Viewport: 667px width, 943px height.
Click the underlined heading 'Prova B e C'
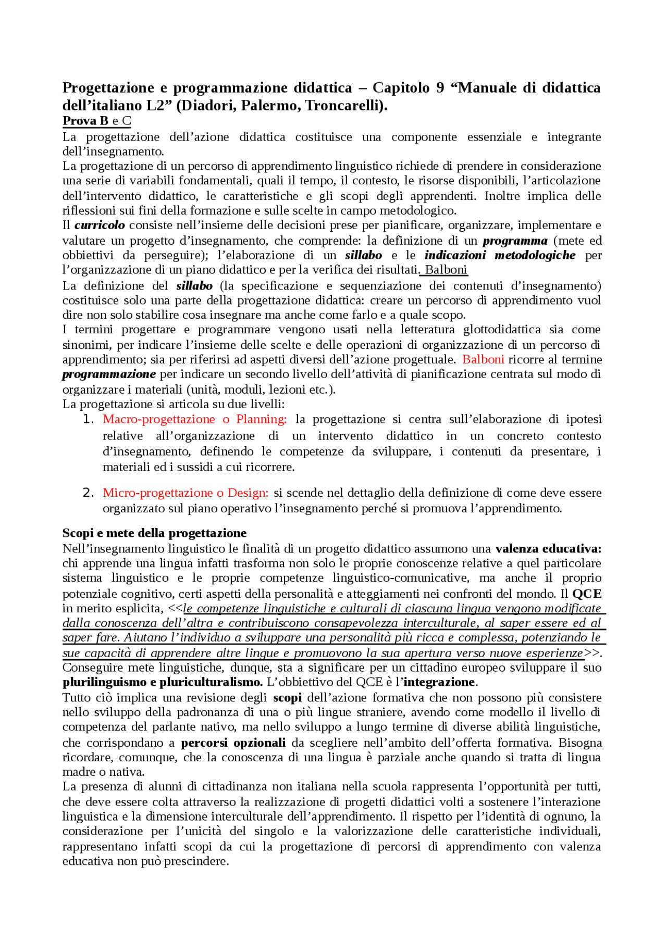pyautogui.click(x=96, y=121)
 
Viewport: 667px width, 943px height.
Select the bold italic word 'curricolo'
pyautogui.click(x=100, y=225)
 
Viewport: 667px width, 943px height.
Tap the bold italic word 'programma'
pyautogui.click(x=515, y=241)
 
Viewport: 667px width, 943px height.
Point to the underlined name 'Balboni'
pyautogui.click(x=446, y=270)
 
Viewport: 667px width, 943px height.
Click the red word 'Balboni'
pyautogui.click(x=483, y=360)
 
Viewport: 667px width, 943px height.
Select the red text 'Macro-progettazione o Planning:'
pyautogui.click(x=194, y=420)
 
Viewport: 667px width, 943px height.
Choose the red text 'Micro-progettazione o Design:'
pyautogui.click(x=186, y=493)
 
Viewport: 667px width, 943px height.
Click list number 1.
pyautogui.click(x=88, y=420)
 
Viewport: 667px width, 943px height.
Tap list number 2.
pyautogui.click(x=88, y=493)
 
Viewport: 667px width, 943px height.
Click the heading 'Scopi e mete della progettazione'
pyautogui.click(x=154, y=533)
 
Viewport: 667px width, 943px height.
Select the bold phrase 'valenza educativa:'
pyautogui.click(x=548, y=549)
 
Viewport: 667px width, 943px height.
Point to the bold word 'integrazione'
pyautogui.click(x=439, y=683)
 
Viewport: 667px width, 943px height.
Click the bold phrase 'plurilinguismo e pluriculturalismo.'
pyautogui.click(x=163, y=683)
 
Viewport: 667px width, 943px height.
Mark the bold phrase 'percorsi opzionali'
pyautogui.click(x=233, y=743)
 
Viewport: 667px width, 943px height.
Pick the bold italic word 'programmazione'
pyautogui.click(x=109, y=374)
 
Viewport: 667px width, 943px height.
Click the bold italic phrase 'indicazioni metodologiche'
pyautogui.click(x=500, y=255)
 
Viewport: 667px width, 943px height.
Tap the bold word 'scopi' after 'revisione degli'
pyautogui.click(x=287, y=698)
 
